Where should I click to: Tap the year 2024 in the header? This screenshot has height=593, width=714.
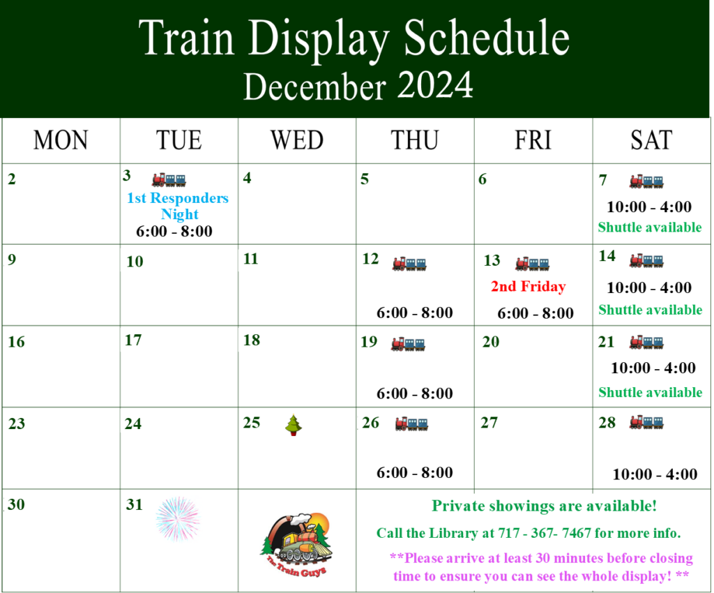point(435,85)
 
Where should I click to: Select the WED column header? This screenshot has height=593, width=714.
point(297,140)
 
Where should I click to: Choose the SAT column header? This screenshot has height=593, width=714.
point(651,140)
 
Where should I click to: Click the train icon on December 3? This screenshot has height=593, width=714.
point(169,180)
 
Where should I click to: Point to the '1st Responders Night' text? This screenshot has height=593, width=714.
point(178,205)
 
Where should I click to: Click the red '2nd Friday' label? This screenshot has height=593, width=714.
point(529,287)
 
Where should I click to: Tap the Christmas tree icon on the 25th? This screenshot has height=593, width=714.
point(294,425)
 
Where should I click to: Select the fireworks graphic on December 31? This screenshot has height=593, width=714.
point(178,518)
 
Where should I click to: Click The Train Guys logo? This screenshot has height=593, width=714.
point(297,544)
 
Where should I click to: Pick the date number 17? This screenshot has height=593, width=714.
point(133,340)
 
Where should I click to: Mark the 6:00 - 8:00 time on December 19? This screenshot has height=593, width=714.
point(415,393)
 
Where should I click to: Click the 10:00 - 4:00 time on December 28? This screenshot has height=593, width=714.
point(655,474)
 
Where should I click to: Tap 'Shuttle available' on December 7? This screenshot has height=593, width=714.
point(650,227)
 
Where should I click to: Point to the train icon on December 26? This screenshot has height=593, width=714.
point(411,423)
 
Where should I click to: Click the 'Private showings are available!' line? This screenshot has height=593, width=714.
point(544,506)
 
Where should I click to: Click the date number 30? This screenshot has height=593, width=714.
point(17,504)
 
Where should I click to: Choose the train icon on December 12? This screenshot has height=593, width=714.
point(409,264)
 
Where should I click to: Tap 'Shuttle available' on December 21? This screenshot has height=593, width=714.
point(651,392)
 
